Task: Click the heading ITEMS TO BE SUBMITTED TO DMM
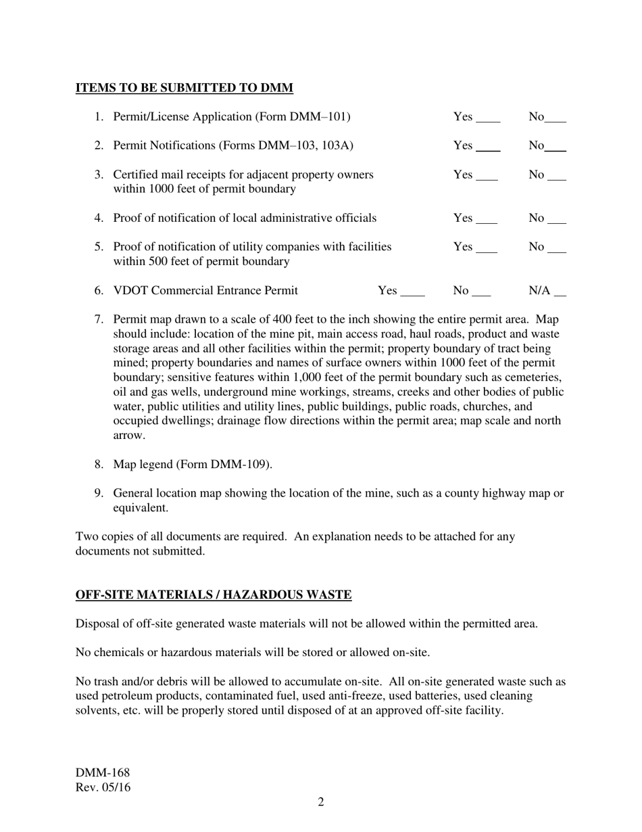point(184,88)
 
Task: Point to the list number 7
point(99,319)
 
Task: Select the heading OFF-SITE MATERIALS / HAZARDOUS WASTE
point(214,595)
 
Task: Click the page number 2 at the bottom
point(321,802)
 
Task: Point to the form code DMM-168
point(103,773)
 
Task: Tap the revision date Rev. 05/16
point(103,787)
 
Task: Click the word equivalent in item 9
point(140,508)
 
